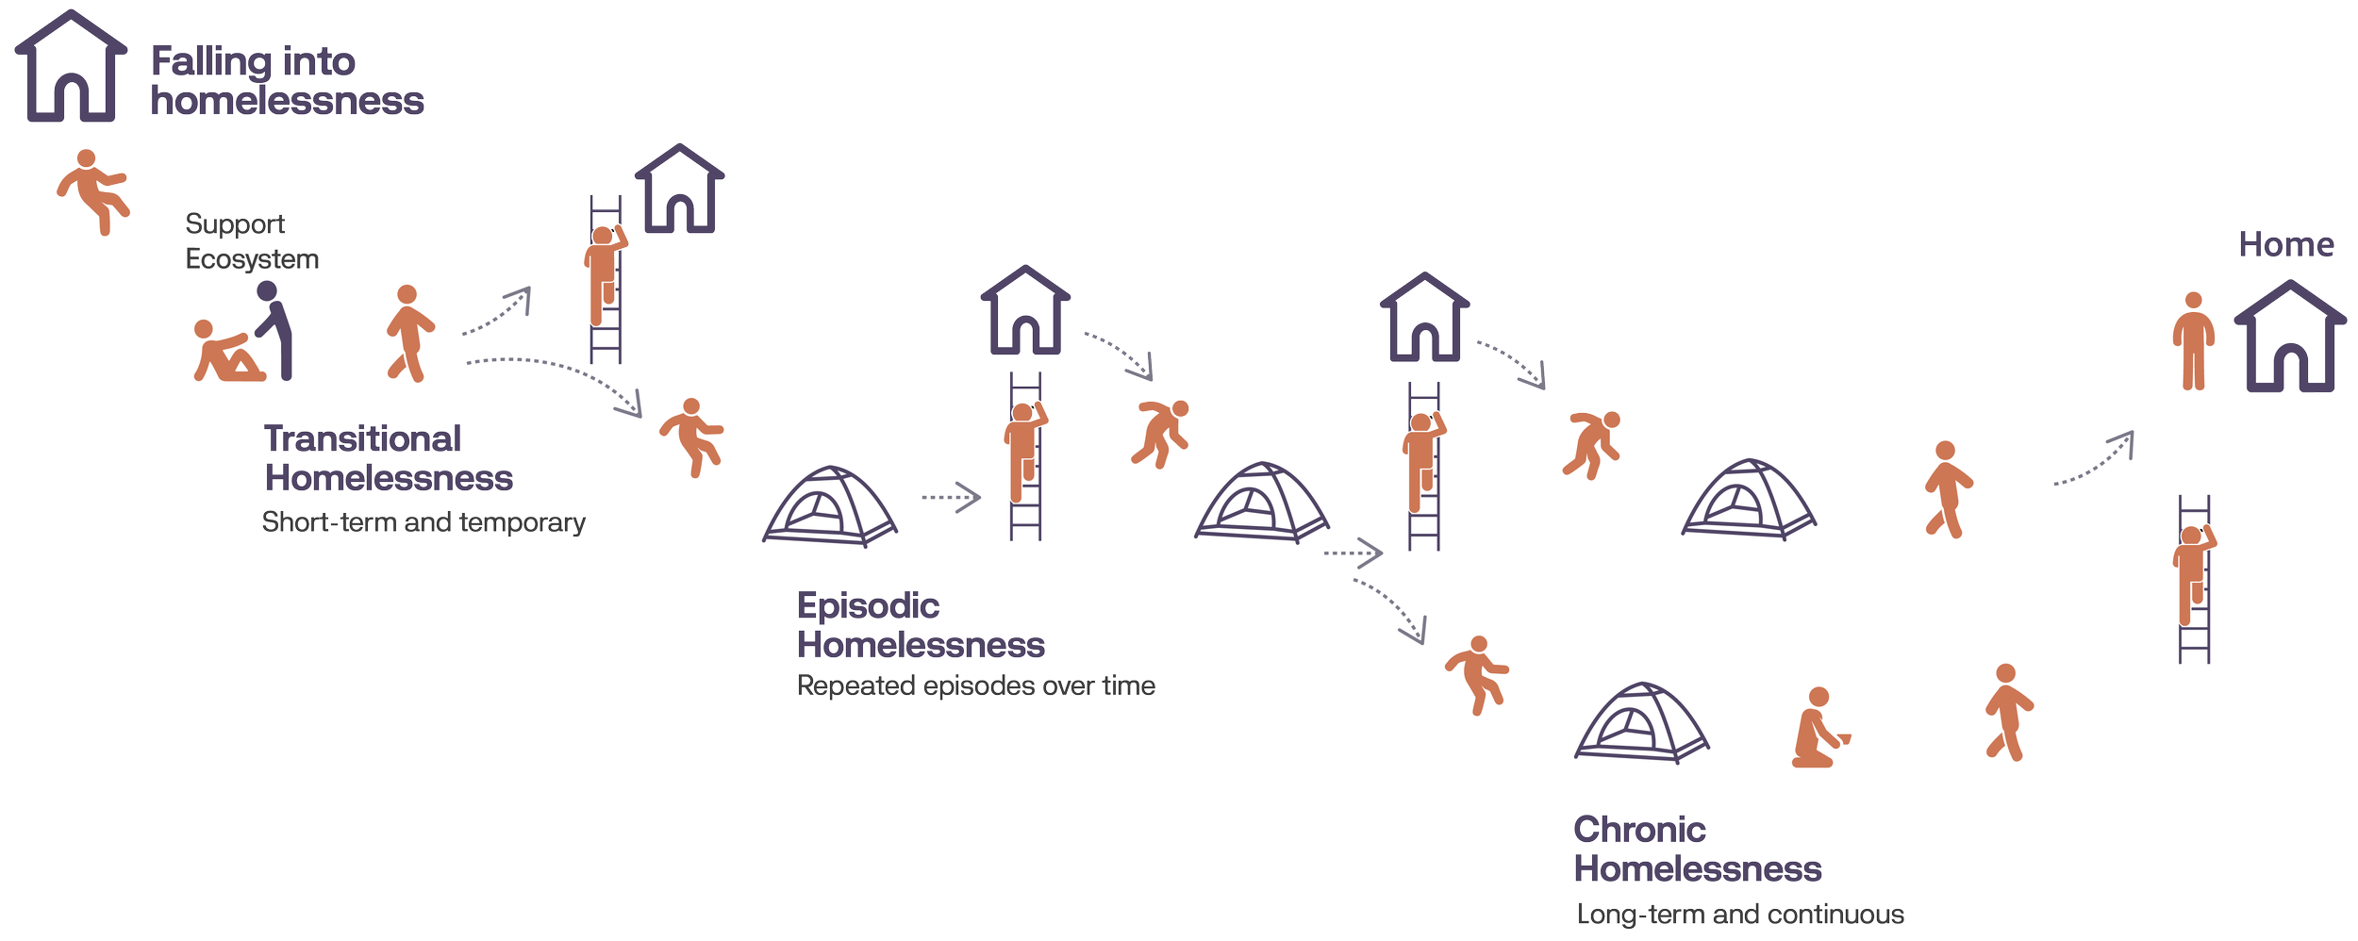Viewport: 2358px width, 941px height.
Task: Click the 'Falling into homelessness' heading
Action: [287, 81]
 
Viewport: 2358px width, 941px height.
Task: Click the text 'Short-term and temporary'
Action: [423, 522]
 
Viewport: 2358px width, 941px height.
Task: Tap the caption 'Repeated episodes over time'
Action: [975, 685]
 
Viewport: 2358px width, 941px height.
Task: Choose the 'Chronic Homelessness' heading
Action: [1696, 849]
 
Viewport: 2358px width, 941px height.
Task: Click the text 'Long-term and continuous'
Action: [1739, 915]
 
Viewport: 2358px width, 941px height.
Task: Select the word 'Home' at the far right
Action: [2286, 245]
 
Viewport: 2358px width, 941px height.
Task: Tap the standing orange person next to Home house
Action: [2193, 341]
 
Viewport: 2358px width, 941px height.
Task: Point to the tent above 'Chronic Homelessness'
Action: [1641, 721]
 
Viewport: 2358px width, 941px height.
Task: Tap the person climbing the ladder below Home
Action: [2193, 573]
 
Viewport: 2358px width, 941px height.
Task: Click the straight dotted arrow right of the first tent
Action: [951, 497]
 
